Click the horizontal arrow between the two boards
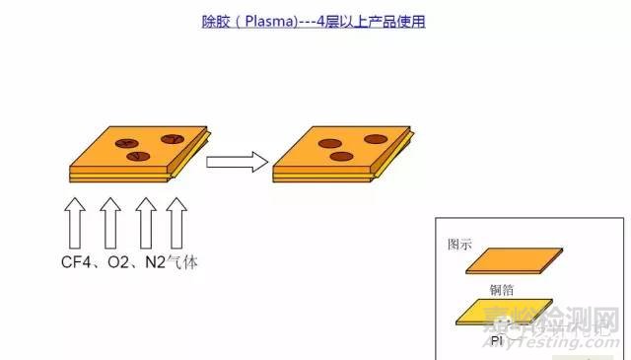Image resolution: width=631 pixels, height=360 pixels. pos(238,161)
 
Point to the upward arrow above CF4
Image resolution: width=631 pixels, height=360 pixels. pos(76,223)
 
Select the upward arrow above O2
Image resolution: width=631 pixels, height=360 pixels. pos(111,223)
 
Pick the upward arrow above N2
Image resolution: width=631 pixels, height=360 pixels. pos(145,223)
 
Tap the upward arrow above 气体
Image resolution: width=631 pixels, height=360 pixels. pos(177,223)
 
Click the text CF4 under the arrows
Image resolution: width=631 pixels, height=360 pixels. pos(78,263)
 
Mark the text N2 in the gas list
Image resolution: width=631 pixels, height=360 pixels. pos(156,263)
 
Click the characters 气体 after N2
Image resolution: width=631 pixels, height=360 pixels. pos(184,263)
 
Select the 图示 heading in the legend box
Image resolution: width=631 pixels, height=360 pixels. pos(458,244)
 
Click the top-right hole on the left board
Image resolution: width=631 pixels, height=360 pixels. pos(172,139)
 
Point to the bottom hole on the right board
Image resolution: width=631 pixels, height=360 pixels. pos(341,156)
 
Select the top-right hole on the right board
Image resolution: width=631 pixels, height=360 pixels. pos(374,139)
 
